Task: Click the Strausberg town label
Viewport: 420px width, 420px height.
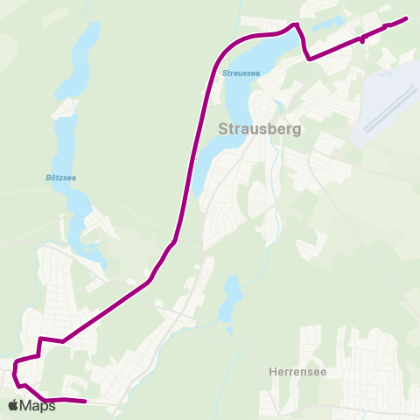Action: click(x=258, y=129)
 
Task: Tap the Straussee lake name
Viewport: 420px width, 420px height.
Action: click(x=241, y=73)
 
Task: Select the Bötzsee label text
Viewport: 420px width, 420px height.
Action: click(x=59, y=177)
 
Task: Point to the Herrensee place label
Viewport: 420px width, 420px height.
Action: click(x=292, y=370)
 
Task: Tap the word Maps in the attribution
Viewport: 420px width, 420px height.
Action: click(x=38, y=406)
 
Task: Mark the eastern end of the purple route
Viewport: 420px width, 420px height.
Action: click(x=407, y=18)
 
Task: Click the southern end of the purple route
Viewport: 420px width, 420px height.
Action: click(x=86, y=402)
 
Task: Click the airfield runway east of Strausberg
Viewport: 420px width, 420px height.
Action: click(x=385, y=109)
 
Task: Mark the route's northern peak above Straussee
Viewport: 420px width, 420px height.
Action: click(x=296, y=24)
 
